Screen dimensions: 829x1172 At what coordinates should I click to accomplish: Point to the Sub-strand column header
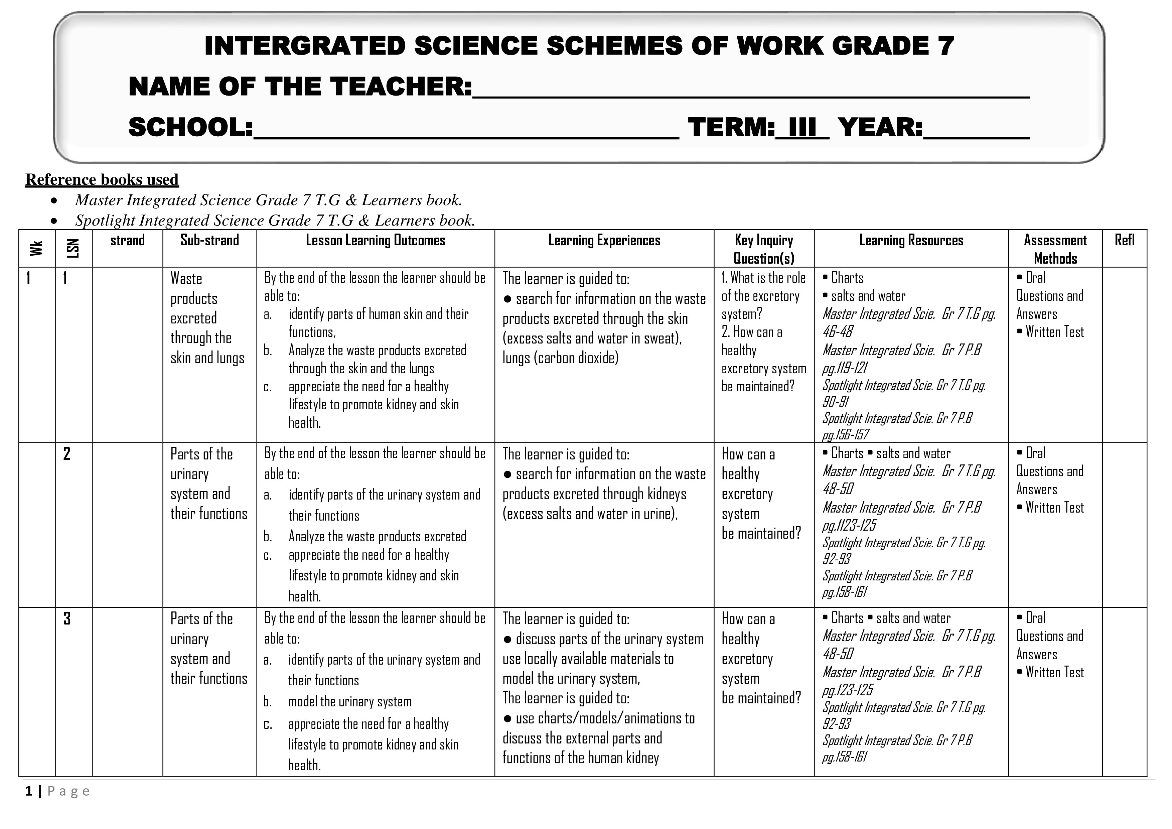[209, 241]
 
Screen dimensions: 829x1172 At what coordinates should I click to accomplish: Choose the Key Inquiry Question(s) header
[764, 249]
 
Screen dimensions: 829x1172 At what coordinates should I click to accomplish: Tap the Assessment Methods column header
[1055, 249]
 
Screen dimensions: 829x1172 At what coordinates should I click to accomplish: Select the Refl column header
[1125, 241]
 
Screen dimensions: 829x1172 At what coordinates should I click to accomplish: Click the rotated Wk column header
[36, 249]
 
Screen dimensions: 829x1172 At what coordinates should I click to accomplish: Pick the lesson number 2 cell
[67, 454]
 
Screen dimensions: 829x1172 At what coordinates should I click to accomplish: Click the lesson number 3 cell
[67, 619]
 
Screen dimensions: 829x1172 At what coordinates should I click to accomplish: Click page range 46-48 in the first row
[837, 332]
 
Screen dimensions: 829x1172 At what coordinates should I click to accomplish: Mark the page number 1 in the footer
[29, 791]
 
